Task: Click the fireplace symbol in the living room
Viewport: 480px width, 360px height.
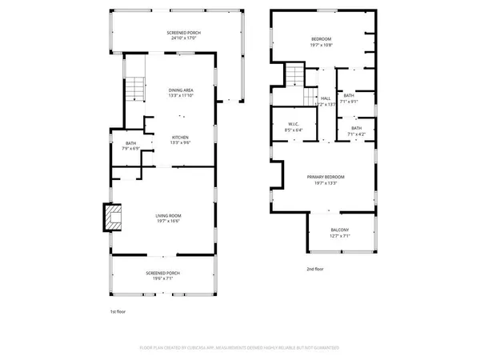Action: [x=111, y=216]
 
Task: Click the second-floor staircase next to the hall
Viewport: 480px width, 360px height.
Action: [x=298, y=77]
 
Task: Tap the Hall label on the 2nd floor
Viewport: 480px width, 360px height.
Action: [x=326, y=98]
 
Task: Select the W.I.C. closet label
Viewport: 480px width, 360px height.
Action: [x=294, y=124]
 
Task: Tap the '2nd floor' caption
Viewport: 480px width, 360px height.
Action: [x=315, y=269]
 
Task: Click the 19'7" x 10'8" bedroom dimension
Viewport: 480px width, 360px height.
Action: [x=322, y=45]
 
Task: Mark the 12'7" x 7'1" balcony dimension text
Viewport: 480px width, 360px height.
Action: [x=340, y=236]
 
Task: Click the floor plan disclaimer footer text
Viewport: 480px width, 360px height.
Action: [x=239, y=348]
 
